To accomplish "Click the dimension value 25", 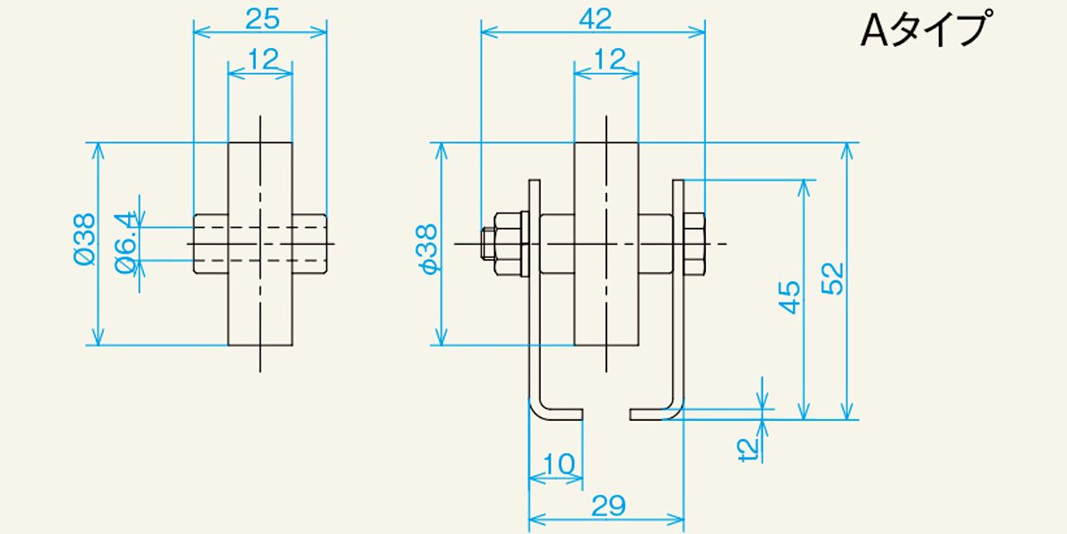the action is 262,19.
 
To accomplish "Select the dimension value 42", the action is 595,19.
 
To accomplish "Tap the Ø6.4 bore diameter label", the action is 125,243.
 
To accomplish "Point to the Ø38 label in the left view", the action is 84,239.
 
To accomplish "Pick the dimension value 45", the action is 790,297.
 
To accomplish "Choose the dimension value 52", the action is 832,279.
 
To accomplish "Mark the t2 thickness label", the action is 747,449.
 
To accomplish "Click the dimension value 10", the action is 558,464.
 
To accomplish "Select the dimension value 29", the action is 608,506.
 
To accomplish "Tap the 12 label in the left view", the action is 262,60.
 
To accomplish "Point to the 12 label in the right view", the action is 609,59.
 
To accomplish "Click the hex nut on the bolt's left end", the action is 508,244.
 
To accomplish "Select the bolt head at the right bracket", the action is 694,244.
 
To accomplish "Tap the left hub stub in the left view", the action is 211,244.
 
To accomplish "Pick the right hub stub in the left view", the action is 309,244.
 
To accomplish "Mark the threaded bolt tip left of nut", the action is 487,244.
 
